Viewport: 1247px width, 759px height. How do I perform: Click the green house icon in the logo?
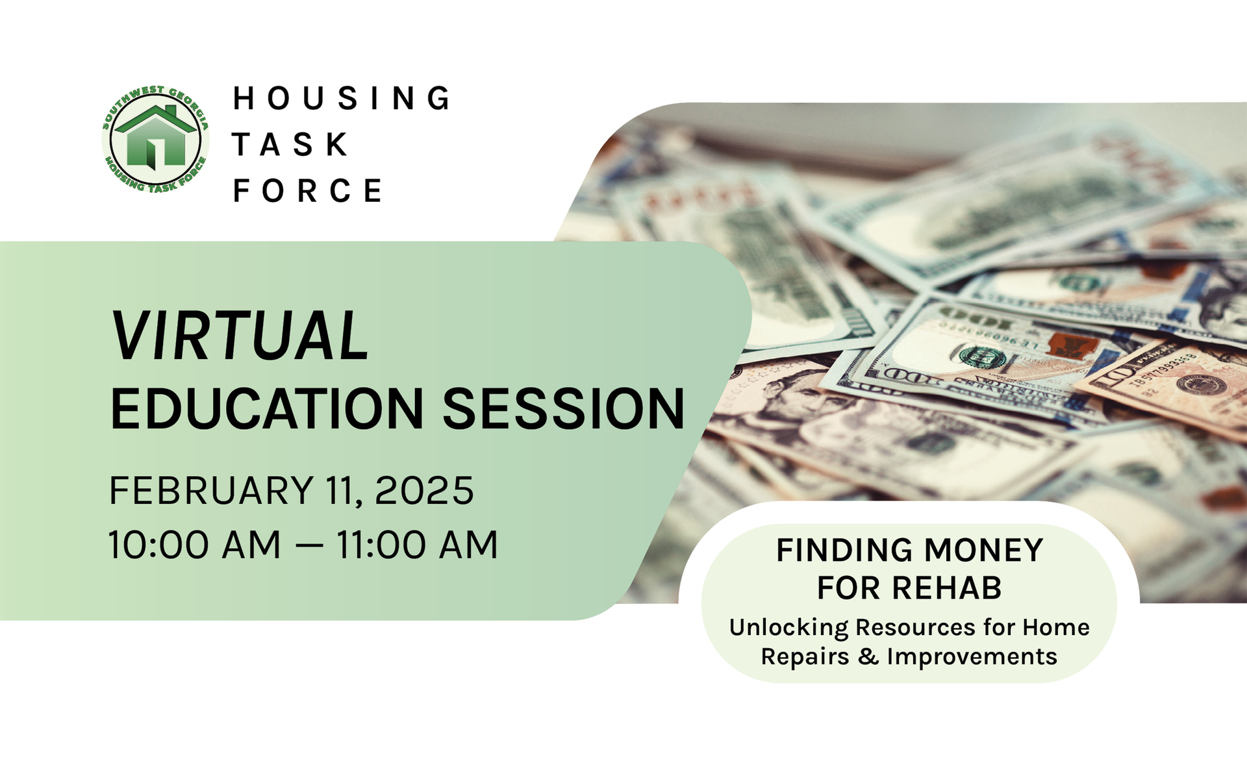click(x=156, y=137)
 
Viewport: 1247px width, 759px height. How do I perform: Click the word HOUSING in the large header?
click(x=342, y=98)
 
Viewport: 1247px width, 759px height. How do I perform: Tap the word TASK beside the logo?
click(x=290, y=144)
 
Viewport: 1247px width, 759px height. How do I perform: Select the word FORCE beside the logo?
click(x=307, y=190)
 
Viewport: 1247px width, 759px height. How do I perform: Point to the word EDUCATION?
click(x=267, y=409)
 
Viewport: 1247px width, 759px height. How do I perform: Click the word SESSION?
click(x=564, y=409)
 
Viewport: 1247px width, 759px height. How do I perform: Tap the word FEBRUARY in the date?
click(x=212, y=490)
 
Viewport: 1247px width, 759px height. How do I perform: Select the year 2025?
click(x=425, y=490)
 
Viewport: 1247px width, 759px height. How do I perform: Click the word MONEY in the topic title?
click(x=983, y=551)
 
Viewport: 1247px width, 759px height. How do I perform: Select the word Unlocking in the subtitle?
click(x=788, y=628)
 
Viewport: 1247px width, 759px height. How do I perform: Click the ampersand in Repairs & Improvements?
click(x=868, y=656)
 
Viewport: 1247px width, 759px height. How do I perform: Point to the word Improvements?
click(x=972, y=657)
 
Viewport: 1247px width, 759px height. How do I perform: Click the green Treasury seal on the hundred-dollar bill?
click(x=983, y=356)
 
